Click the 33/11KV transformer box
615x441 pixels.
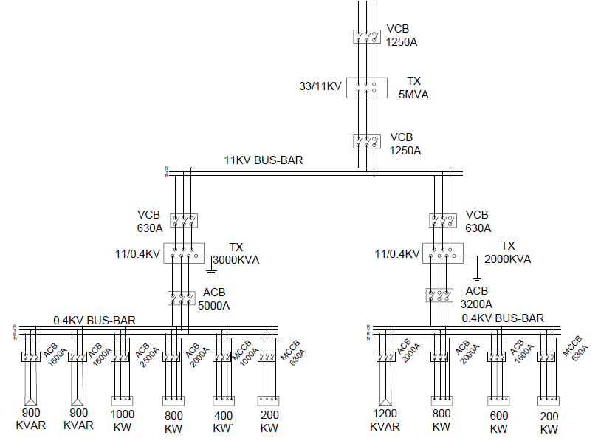[367, 88]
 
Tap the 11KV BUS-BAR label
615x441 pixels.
[264, 160]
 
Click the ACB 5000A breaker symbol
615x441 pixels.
[182, 298]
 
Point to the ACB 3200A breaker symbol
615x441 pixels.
[439, 295]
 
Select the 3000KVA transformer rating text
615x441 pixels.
[236, 260]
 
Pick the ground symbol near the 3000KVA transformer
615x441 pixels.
[211, 271]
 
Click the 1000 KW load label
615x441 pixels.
[122, 420]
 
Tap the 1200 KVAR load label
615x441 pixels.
[385, 420]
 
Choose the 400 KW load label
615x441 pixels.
[223, 421]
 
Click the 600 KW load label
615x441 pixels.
[499, 422]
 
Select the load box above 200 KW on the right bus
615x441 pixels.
[549, 402]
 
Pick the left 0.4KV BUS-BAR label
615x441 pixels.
[94, 321]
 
